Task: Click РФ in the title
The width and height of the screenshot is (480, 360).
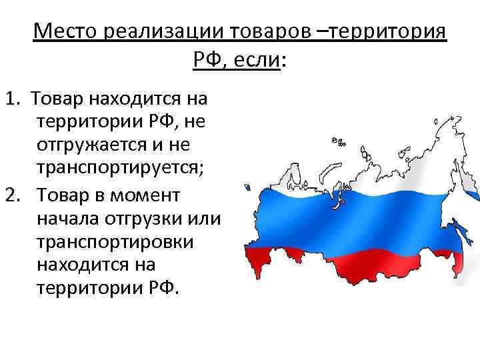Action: tap(208, 62)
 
